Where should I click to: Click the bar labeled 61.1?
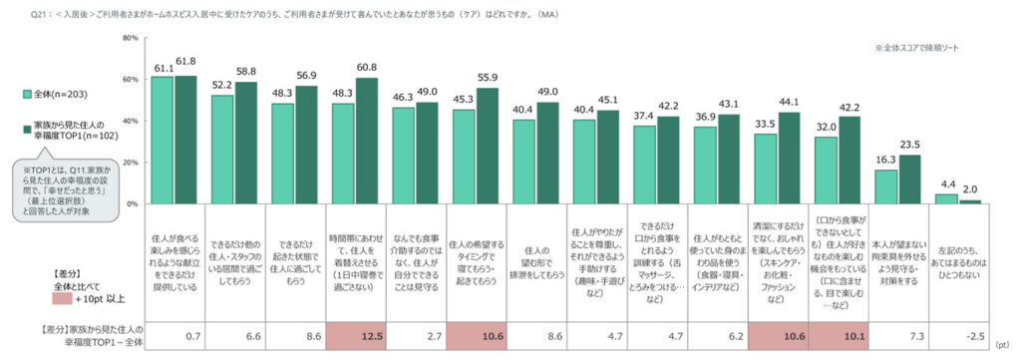coord(163,140)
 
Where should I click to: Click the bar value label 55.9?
coord(489,77)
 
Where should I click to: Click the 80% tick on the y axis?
coord(130,37)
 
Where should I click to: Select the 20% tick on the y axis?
coord(130,162)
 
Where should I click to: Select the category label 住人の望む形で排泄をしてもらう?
coord(536,254)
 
